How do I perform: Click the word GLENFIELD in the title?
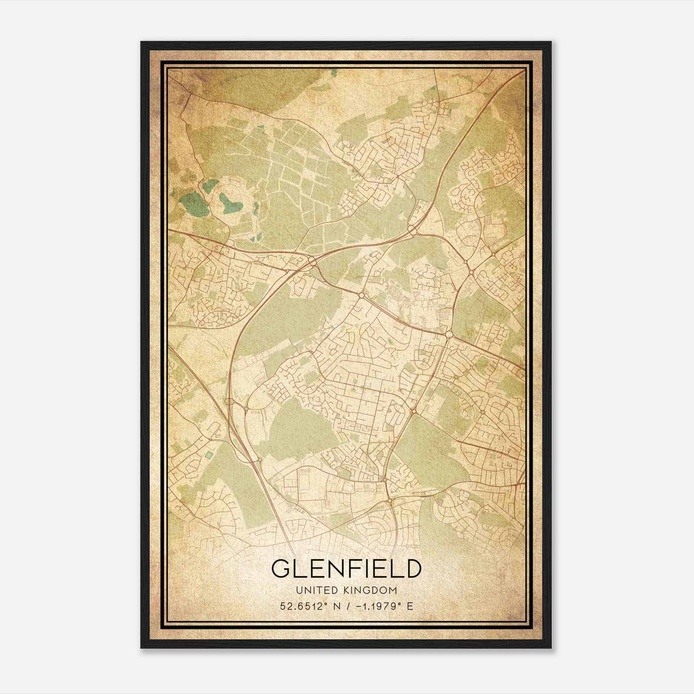point(346,569)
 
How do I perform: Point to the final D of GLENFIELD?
point(412,569)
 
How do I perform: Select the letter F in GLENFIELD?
point(350,569)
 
